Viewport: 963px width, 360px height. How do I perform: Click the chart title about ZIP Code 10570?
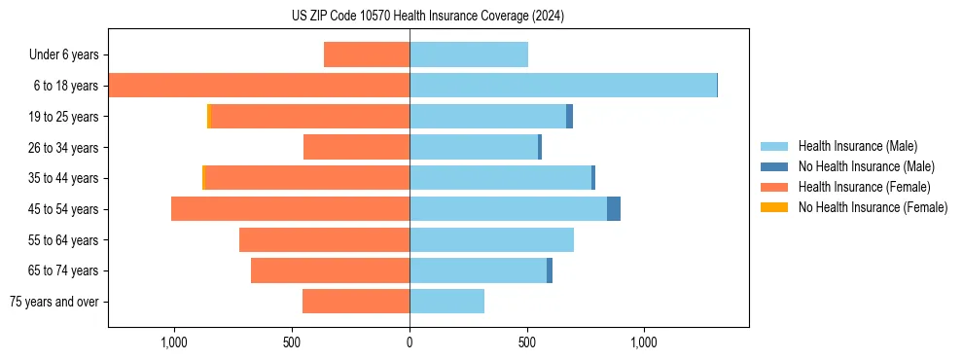point(428,16)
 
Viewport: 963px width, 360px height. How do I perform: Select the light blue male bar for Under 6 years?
point(469,54)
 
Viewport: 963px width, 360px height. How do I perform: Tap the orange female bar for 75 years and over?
point(356,302)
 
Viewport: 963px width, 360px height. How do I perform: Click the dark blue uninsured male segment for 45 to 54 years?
point(614,209)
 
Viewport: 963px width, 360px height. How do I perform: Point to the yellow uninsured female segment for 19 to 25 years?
point(209,117)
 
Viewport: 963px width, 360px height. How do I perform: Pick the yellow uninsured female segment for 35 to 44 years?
point(204,178)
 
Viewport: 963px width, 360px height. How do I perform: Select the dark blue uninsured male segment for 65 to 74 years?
point(550,270)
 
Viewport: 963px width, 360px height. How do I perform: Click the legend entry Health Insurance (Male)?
point(857,146)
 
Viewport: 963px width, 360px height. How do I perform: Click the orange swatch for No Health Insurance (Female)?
point(774,207)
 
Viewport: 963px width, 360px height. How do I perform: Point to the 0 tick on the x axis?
point(410,342)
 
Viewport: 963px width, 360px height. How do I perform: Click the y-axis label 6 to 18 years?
point(65,86)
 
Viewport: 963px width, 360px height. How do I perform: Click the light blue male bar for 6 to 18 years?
point(563,86)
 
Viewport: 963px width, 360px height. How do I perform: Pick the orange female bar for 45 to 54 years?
point(290,209)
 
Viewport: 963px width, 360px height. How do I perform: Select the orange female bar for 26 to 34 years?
point(356,147)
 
